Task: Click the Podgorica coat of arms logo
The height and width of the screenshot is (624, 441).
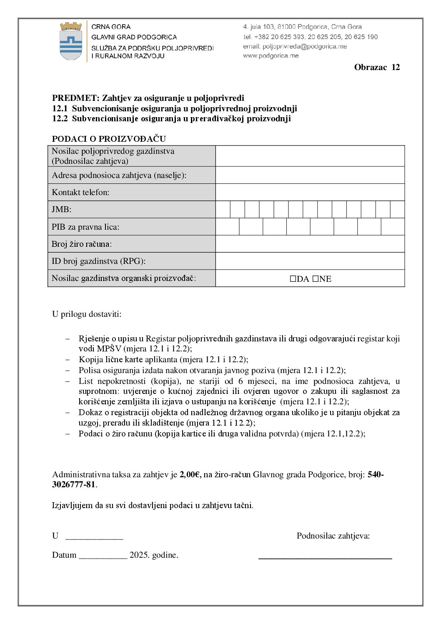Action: click(x=71, y=41)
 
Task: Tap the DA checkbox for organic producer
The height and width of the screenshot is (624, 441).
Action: click(x=293, y=279)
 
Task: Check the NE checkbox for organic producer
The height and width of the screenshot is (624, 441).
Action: click(x=315, y=279)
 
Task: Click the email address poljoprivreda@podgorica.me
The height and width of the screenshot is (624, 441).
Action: click(x=304, y=46)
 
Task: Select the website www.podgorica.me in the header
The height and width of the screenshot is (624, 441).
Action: click(x=271, y=55)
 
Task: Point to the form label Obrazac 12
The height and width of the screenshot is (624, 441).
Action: click(x=377, y=67)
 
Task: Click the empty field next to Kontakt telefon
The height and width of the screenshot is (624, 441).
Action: click(x=310, y=192)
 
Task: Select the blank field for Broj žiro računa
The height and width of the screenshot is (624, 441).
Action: click(x=310, y=244)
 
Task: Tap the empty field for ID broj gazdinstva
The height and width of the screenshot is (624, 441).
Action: click(x=310, y=261)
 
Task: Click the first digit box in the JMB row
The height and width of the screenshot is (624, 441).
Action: click(x=223, y=209)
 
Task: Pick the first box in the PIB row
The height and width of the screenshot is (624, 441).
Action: click(x=228, y=227)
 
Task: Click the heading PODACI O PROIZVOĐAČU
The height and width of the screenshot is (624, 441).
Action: click(x=109, y=139)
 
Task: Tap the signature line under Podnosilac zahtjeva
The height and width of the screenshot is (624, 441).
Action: click(x=325, y=557)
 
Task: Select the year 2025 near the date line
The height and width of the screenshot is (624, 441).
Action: click(x=139, y=555)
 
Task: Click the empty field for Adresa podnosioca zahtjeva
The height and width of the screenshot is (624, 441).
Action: click(x=310, y=175)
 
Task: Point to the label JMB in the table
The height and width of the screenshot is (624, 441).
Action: click(x=61, y=210)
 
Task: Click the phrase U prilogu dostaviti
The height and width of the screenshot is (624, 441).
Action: click(x=87, y=314)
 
